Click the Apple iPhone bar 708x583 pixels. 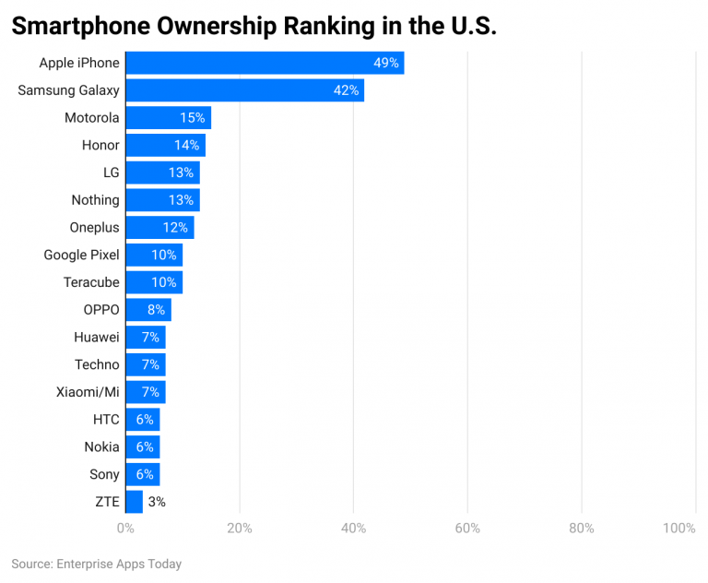coord(265,63)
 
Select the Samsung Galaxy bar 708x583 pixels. coord(244,90)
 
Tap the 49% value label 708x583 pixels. coord(386,63)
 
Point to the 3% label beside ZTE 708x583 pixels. coord(157,502)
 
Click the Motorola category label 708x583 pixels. coord(91,118)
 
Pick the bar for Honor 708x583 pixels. coord(165,145)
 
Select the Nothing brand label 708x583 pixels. coord(95,200)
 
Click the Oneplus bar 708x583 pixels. coord(159,228)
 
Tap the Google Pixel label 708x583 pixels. coord(81,255)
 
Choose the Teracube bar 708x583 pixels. coord(154,282)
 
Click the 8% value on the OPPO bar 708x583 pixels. coord(156,310)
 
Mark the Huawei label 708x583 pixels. coord(97,338)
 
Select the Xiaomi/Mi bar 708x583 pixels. coord(145,392)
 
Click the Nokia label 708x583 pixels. coord(101,446)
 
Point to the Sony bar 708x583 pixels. coord(142,474)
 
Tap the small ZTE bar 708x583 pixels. coord(134,502)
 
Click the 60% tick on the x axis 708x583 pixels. coord(467,529)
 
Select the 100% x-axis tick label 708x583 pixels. coord(679,529)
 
